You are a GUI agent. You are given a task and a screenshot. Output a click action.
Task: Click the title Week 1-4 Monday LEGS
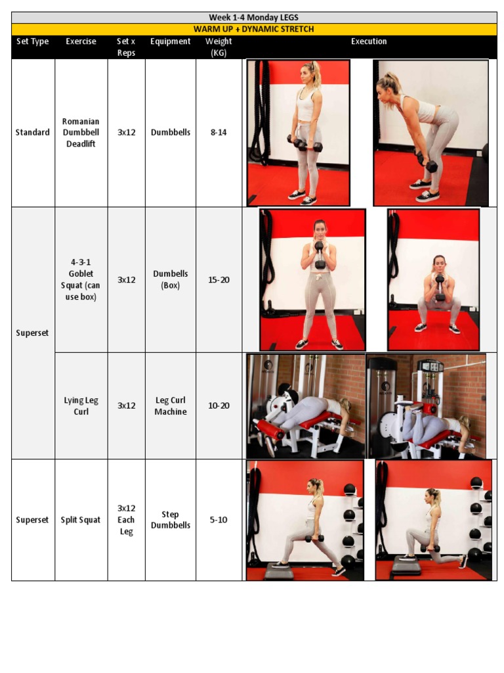[253, 18]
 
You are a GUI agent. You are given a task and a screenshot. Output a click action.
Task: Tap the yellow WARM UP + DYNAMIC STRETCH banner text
[253, 29]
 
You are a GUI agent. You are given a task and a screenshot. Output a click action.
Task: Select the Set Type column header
[32, 41]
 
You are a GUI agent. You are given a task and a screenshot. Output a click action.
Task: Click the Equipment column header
[170, 41]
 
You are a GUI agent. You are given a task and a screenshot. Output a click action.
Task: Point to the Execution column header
[369, 41]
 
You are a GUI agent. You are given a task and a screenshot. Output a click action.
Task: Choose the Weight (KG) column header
[219, 47]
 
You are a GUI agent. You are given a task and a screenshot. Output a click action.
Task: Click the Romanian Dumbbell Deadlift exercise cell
[81, 132]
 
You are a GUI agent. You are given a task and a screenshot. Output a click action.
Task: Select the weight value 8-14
[219, 132]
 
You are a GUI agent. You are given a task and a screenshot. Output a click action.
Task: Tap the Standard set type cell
[32, 132]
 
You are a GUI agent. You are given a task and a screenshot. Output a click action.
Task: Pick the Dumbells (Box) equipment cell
[170, 279]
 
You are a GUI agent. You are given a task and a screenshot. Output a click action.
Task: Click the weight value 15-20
[219, 279]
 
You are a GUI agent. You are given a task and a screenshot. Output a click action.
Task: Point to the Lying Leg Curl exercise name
[81, 406]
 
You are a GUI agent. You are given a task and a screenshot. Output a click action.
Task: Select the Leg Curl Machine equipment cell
[170, 406]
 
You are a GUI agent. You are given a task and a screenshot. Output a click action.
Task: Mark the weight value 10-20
[219, 406]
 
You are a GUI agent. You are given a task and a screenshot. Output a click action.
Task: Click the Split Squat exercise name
[81, 520]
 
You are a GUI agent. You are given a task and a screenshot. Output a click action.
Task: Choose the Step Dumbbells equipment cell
[170, 520]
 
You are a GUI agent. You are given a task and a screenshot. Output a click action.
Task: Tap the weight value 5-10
[219, 520]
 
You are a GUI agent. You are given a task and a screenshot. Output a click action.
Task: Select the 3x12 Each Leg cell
[126, 520]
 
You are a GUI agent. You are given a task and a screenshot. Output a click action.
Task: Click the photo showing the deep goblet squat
[433, 280]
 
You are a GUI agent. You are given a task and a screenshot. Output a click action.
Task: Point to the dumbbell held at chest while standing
[320, 255]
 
